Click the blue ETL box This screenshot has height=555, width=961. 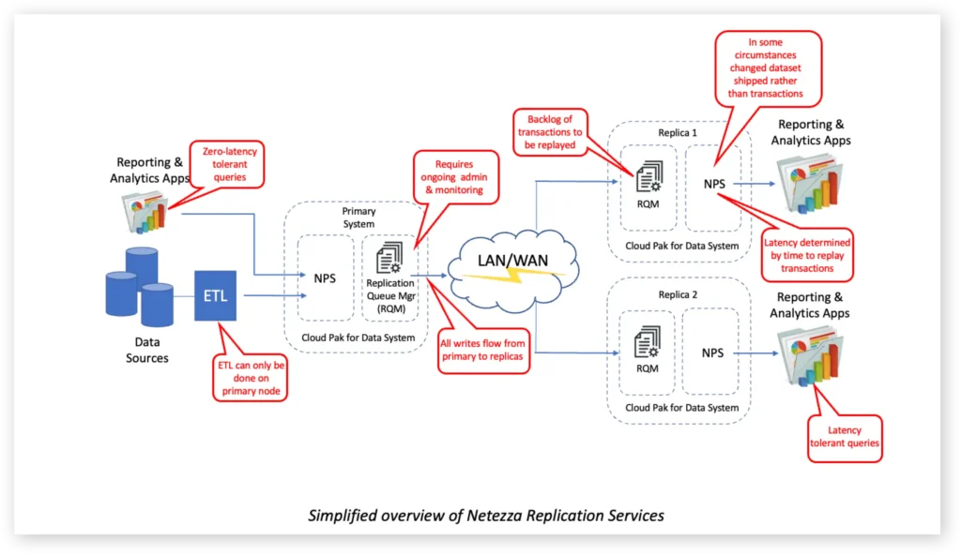(217, 295)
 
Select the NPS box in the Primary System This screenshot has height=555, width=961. (325, 277)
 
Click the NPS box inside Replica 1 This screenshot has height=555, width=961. (714, 184)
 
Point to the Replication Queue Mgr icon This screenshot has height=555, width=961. (389, 257)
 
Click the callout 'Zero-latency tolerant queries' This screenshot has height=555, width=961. (223, 163)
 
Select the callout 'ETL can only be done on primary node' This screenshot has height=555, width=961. (252, 378)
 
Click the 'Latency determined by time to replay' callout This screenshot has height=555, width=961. (808, 254)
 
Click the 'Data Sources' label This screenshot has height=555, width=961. (147, 351)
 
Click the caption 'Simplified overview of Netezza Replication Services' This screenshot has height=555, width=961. (486, 515)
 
